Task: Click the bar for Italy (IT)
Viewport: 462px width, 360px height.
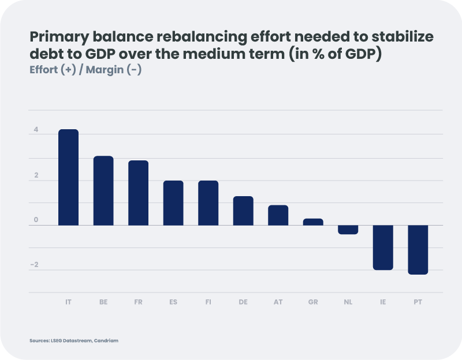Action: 68,177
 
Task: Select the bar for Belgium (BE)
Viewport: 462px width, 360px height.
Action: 103,190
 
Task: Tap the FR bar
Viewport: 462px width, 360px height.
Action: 138,193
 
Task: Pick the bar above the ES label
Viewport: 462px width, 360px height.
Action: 173,202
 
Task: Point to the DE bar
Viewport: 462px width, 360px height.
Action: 243,211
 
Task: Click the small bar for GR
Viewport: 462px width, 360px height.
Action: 313,222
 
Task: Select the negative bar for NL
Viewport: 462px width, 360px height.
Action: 348,230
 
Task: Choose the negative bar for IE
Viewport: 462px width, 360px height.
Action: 382,247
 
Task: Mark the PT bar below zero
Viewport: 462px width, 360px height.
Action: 418,250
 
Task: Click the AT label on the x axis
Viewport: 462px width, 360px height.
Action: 278,302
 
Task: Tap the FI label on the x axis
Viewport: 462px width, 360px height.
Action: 208,302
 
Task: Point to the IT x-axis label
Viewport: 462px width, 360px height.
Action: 68,302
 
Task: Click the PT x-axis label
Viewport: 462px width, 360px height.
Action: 418,302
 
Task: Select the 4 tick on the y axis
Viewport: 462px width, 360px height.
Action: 36,130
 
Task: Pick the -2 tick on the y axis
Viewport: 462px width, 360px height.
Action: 35,265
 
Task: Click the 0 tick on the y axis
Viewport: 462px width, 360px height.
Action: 36,220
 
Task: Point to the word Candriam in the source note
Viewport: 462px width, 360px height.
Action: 107,341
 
